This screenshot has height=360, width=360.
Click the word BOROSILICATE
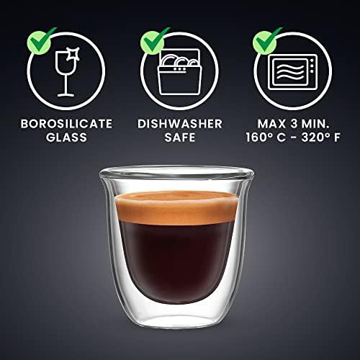(x=66, y=124)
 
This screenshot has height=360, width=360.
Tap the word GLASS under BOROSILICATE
(x=66, y=138)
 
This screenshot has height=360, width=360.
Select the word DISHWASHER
(x=180, y=124)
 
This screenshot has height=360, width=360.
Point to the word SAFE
(x=180, y=138)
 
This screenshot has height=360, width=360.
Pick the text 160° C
(x=266, y=138)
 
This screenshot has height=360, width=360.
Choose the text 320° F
(x=321, y=138)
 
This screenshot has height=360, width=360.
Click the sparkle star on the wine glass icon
(x=73, y=53)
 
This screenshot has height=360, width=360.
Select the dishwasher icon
(x=179, y=71)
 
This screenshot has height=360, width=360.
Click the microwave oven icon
(x=292, y=72)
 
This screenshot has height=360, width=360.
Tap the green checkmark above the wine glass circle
(x=41, y=40)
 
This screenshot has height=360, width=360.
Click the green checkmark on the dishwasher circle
(x=155, y=40)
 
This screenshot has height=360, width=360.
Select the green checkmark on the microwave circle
(x=267, y=40)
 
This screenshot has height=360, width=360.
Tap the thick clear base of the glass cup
(x=176, y=315)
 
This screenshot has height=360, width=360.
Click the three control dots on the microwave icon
(x=312, y=66)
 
